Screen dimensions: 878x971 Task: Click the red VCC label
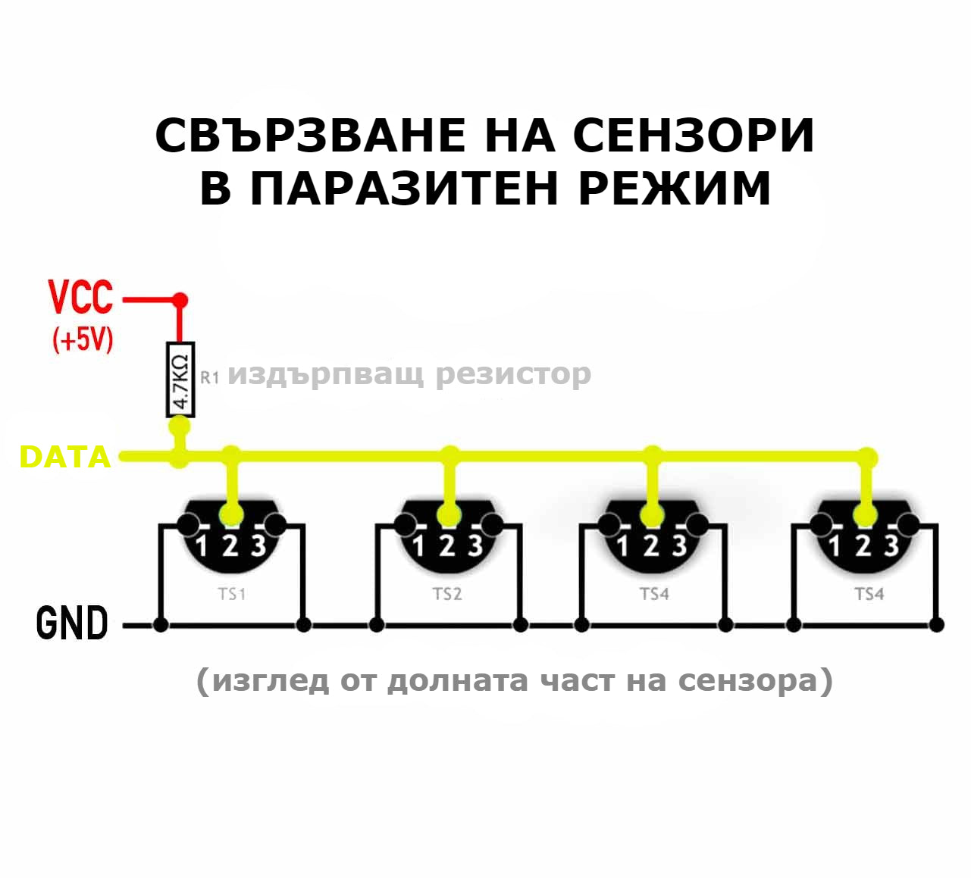(x=80, y=297)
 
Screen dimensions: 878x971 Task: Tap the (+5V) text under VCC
(x=83, y=339)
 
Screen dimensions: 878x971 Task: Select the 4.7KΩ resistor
(x=180, y=379)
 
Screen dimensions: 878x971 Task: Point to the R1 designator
(x=210, y=377)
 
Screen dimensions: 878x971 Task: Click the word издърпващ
(x=325, y=373)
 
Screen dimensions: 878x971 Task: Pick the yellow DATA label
(x=65, y=458)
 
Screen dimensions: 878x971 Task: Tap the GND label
(x=72, y=624)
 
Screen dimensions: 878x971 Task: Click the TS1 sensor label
(x=232, y=594)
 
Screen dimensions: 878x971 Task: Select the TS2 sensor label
(x=447, y=594)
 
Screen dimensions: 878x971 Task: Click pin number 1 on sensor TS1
(x=201, y=545)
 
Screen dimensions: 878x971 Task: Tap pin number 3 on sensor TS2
(x=475, y=545)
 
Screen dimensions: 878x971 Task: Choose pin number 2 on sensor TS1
(x=230, y=545)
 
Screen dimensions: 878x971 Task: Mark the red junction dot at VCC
(x=180, y=300)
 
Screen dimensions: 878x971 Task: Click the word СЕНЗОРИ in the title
(x=693, y=136)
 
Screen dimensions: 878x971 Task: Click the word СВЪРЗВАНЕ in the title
(x=310, y=136)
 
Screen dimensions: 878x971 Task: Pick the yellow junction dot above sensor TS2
(x=450, y=455)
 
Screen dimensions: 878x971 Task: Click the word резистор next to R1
(x=513, y=373)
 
